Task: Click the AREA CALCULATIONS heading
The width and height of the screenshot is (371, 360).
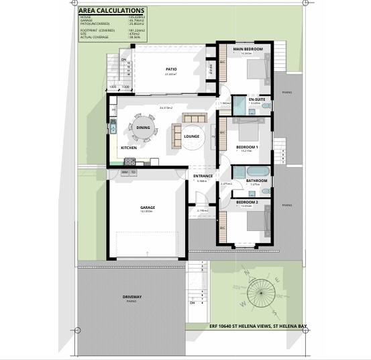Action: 111,11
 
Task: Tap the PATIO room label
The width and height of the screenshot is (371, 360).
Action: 170,69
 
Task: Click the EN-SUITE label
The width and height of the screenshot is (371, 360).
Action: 256,99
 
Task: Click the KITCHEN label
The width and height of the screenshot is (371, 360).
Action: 129,147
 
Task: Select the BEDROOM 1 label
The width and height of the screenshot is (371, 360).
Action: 247,146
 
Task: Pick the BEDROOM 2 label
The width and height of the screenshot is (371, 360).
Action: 247,201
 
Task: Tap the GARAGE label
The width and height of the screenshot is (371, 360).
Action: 148,208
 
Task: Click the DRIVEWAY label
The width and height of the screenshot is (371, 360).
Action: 131,296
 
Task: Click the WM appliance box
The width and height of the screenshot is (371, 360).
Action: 125,172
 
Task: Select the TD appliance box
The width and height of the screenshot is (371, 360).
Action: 134,172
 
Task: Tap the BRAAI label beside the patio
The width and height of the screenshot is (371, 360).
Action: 211,68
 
